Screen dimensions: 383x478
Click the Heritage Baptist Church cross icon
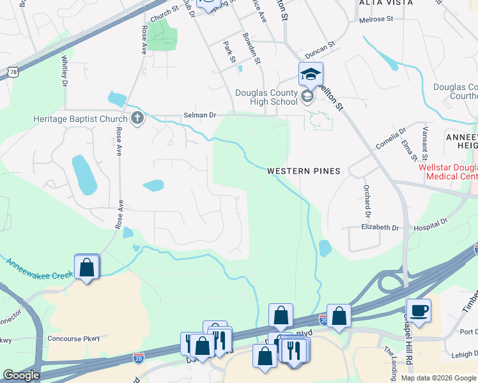[137, 118]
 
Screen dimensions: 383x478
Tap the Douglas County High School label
[266, 97]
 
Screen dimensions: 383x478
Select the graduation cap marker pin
[311, 74]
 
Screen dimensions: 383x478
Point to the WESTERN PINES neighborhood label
[304, 171]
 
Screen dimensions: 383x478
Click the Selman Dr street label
[201, 115]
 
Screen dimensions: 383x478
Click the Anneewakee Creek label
[38, 268]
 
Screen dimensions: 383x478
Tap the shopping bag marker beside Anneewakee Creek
[87, 267]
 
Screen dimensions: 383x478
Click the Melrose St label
[376, 19]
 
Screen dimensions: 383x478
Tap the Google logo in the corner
[22, 375]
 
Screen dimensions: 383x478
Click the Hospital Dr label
[431, 224]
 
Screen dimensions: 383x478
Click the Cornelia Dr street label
[390, 139]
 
